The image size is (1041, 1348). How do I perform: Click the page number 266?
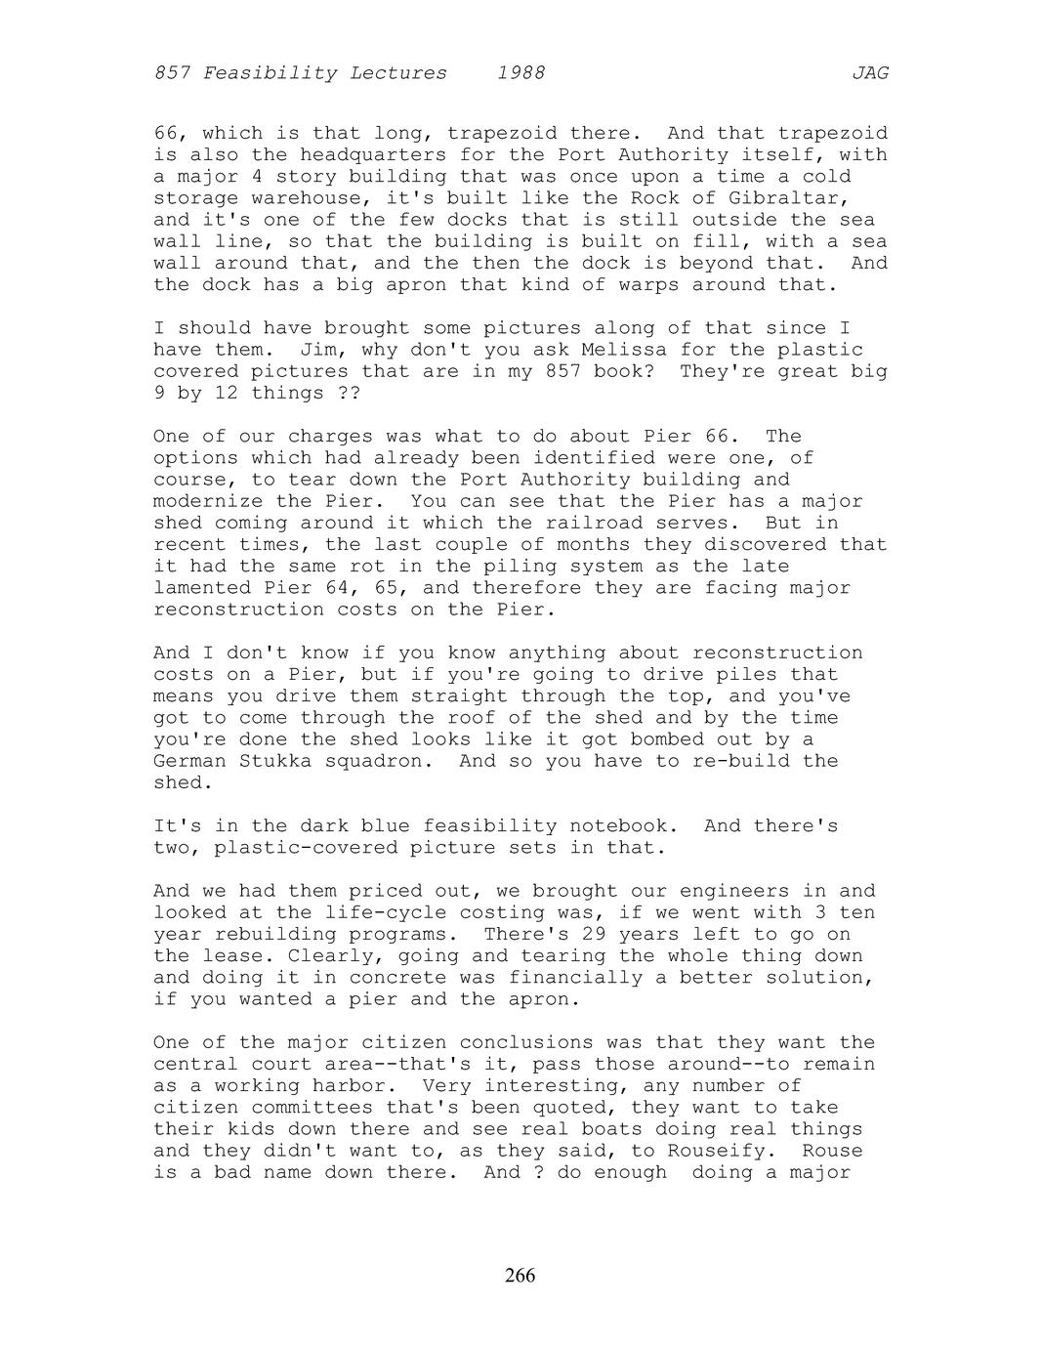point(520,1275)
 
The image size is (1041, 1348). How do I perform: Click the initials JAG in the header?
point(869,72)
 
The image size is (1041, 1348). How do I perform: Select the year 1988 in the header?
point(520,72)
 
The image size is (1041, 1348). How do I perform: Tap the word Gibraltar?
point(789,198)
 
